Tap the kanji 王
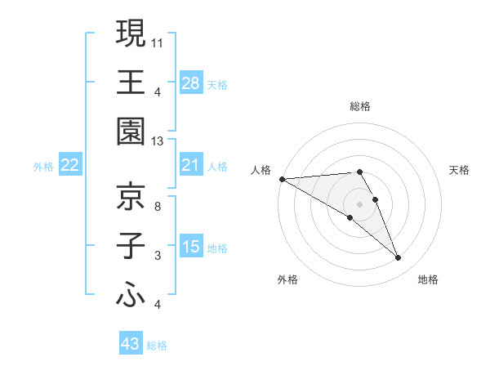tap(130, 82)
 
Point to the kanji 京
tap(130, 195)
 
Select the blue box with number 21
tap(190, 166)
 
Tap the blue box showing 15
tap(190, 246)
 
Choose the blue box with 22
tap(70, 166)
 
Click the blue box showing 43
tap(130, 344)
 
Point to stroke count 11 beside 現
tap(158, 41)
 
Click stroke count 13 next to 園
tap(158, 141)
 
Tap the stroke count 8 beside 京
tap(157, 206)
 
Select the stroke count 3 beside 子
tap(157, 256)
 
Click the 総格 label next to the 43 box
tap(157, 346)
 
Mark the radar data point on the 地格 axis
tap(399, 258)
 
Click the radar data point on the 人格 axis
tap(282, 179)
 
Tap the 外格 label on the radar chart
tap(287, 280)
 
